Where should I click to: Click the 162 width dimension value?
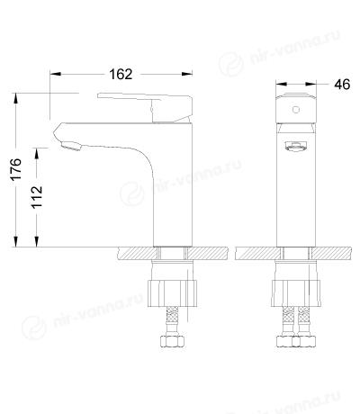(x=121, y=74)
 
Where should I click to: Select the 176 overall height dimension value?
(x=16, y=168)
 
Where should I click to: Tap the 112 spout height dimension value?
(x=37, y=197)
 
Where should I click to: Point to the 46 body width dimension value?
(x=342, y=85)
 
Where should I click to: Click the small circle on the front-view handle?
(x=296, y=110)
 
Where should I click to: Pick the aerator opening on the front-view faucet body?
(x=296, y=147)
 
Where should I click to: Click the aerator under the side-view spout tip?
(x=71, y=147)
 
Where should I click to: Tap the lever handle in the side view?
(x=145, y=108)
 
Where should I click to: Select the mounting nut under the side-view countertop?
(x=173, y=293)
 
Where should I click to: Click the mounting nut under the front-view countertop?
(x=296, y=293)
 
